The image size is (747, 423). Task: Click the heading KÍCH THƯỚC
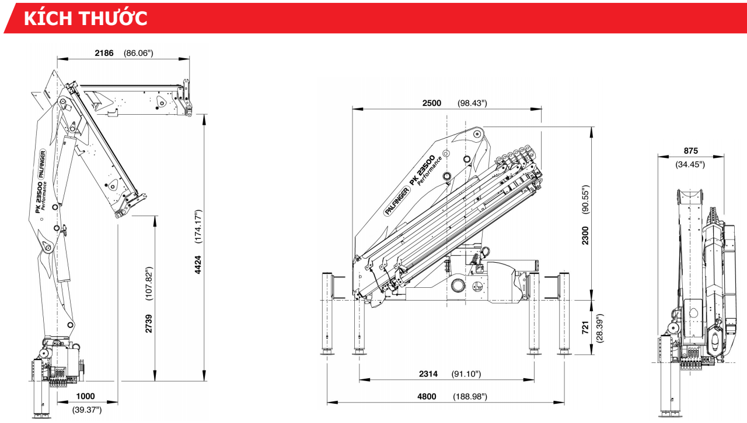pos(85,17)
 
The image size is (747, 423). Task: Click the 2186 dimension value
pos(104,53)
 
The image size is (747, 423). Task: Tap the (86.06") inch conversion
pos(138,53)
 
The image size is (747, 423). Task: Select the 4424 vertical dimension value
pos(198,265)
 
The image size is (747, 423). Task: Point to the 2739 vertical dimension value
pos(149,323)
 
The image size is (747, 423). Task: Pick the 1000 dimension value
pos(85,396)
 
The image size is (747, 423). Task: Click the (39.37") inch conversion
pos(87,410)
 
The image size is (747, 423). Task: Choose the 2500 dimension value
pos(432,103)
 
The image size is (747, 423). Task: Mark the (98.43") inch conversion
pos(472,103)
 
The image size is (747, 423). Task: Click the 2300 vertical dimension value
pos(585,235)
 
